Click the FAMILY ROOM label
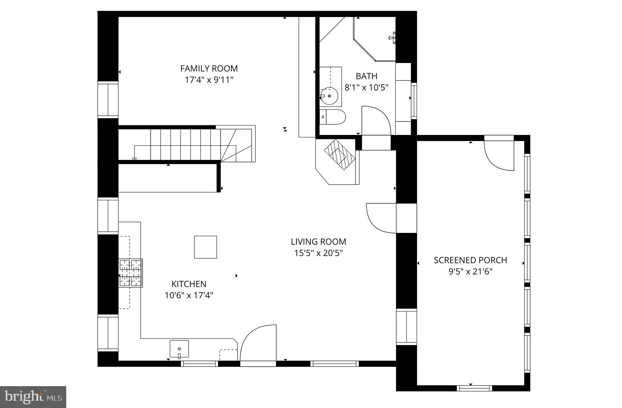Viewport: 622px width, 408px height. pos(209,69)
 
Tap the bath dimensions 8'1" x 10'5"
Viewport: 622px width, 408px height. pos(366,88)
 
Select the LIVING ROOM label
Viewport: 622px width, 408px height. pos(318,242)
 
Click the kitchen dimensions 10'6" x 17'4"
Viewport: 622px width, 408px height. pos(189,295)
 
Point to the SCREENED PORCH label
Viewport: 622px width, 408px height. pos(470,260)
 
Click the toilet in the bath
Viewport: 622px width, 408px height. pos(333,117)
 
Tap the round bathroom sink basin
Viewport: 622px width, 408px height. pos(330,96)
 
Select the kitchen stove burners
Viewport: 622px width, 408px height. pos(131,273)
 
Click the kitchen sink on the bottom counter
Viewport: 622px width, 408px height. pos(179,349)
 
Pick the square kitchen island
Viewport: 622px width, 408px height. pos(205,247)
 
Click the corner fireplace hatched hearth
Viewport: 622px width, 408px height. pos(340,155)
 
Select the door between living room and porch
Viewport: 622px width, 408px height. pos(381,218)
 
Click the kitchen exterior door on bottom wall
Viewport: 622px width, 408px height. pos(258,344)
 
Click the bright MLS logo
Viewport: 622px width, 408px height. pos(33,397)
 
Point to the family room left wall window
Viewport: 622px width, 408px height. pos(108,99)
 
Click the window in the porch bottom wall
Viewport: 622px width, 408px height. pos(474,388)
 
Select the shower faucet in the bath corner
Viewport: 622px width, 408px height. pos(392,38)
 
